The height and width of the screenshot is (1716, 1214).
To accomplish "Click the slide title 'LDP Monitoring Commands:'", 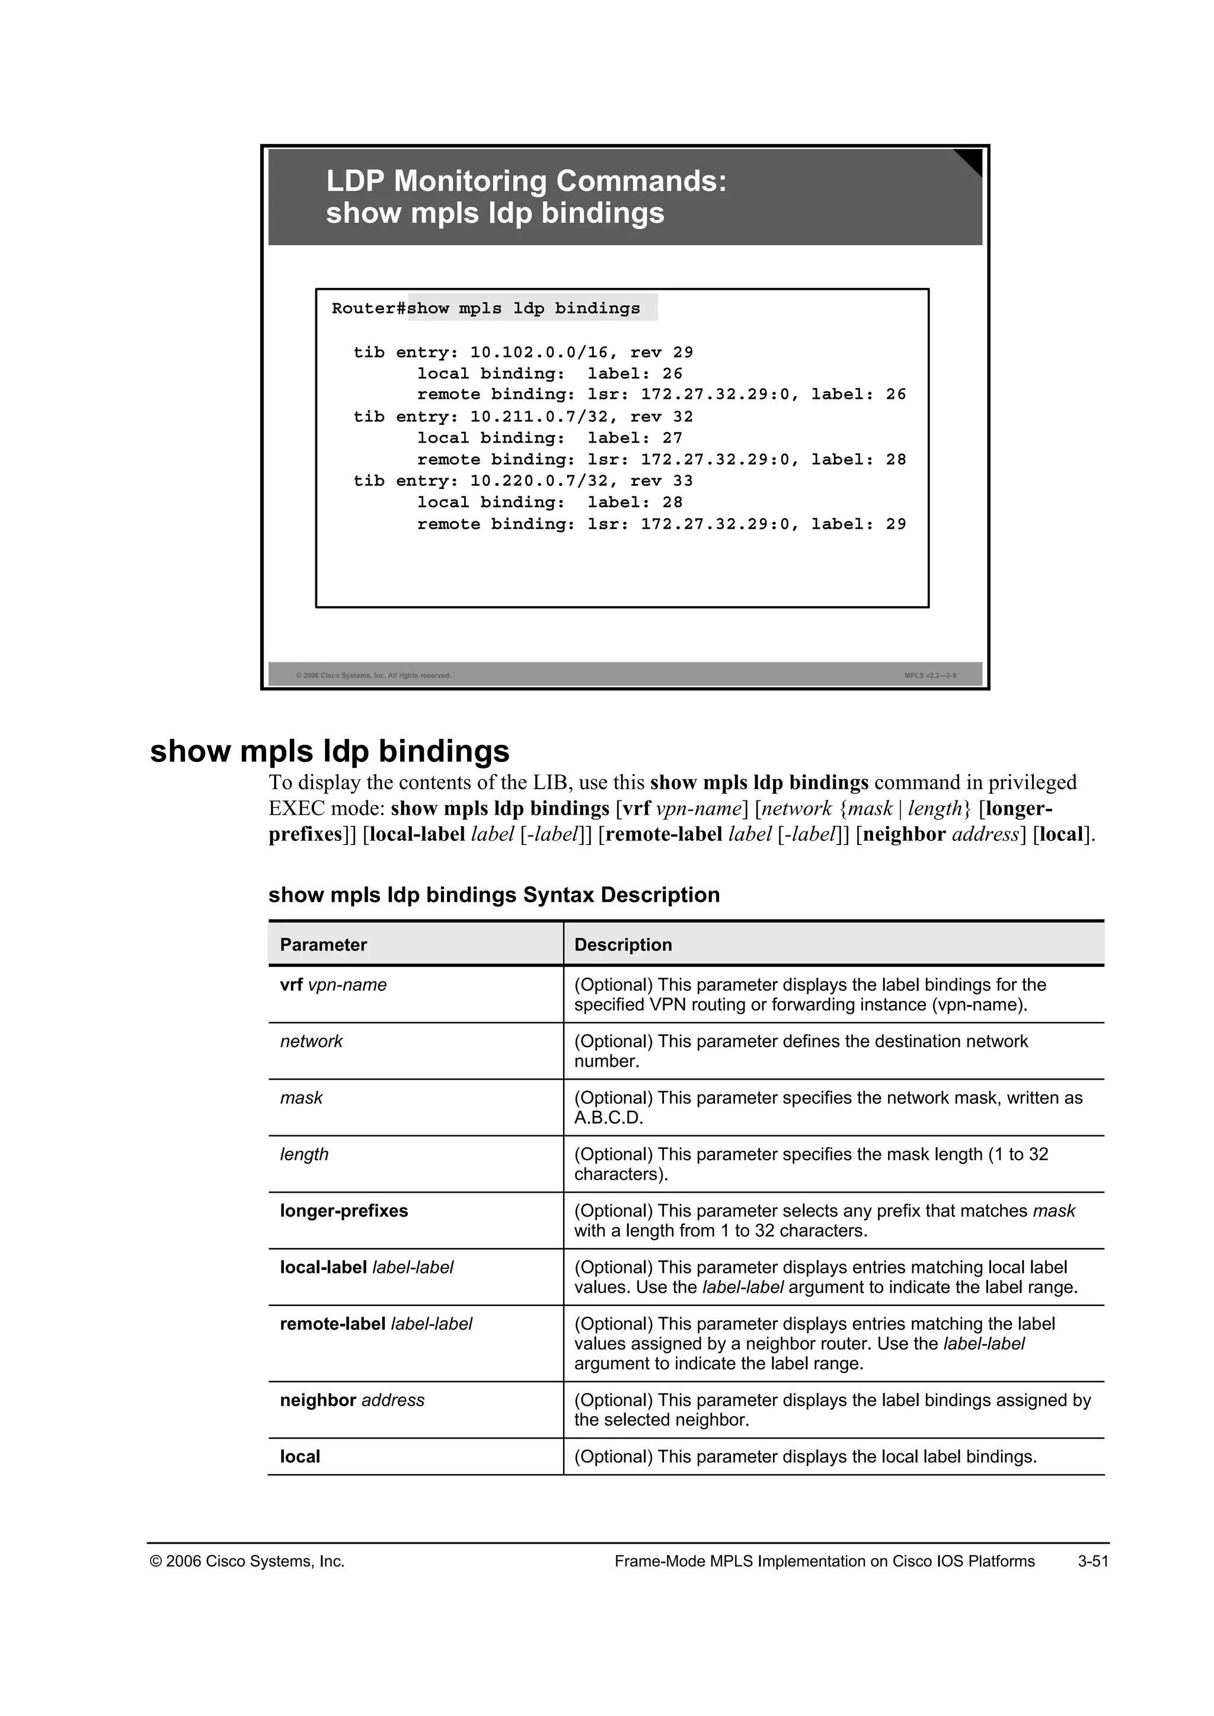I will click(526, 182).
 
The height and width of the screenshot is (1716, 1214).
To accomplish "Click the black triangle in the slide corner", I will click(970, 161).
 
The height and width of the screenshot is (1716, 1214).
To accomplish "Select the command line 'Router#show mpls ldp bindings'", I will click(486, 309).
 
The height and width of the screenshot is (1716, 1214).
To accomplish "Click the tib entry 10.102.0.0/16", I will click(523, 352).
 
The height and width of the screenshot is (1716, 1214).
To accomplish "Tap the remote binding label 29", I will click(896, 524).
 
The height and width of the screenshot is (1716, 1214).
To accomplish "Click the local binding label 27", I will click(672, 438).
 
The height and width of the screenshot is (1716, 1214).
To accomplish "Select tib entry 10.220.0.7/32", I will click(523, 481).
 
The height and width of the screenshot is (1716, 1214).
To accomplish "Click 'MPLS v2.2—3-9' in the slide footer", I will click(930, 675).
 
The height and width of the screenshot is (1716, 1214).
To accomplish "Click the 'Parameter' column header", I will click(323, 945).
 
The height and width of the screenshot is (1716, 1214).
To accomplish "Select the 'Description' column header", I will click(622, 945).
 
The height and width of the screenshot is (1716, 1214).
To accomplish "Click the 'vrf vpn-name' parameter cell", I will click(333, 985).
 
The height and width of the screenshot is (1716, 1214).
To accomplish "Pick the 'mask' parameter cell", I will click(301, 1098).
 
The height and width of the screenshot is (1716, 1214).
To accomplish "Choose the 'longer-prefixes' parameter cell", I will click(344, 1211).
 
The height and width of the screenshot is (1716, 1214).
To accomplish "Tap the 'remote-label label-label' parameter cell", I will click(376, 1324).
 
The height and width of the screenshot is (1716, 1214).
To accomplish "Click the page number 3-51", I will click(1092, 1561).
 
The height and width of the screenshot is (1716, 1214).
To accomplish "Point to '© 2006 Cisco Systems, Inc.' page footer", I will click(247, 1561).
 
